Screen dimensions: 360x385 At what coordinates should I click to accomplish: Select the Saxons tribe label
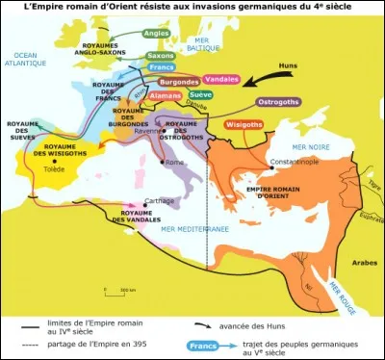coord(161,56)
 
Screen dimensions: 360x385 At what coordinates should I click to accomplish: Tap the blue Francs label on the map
coord(160,68)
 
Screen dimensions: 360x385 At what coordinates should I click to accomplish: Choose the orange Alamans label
coord(167,96)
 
